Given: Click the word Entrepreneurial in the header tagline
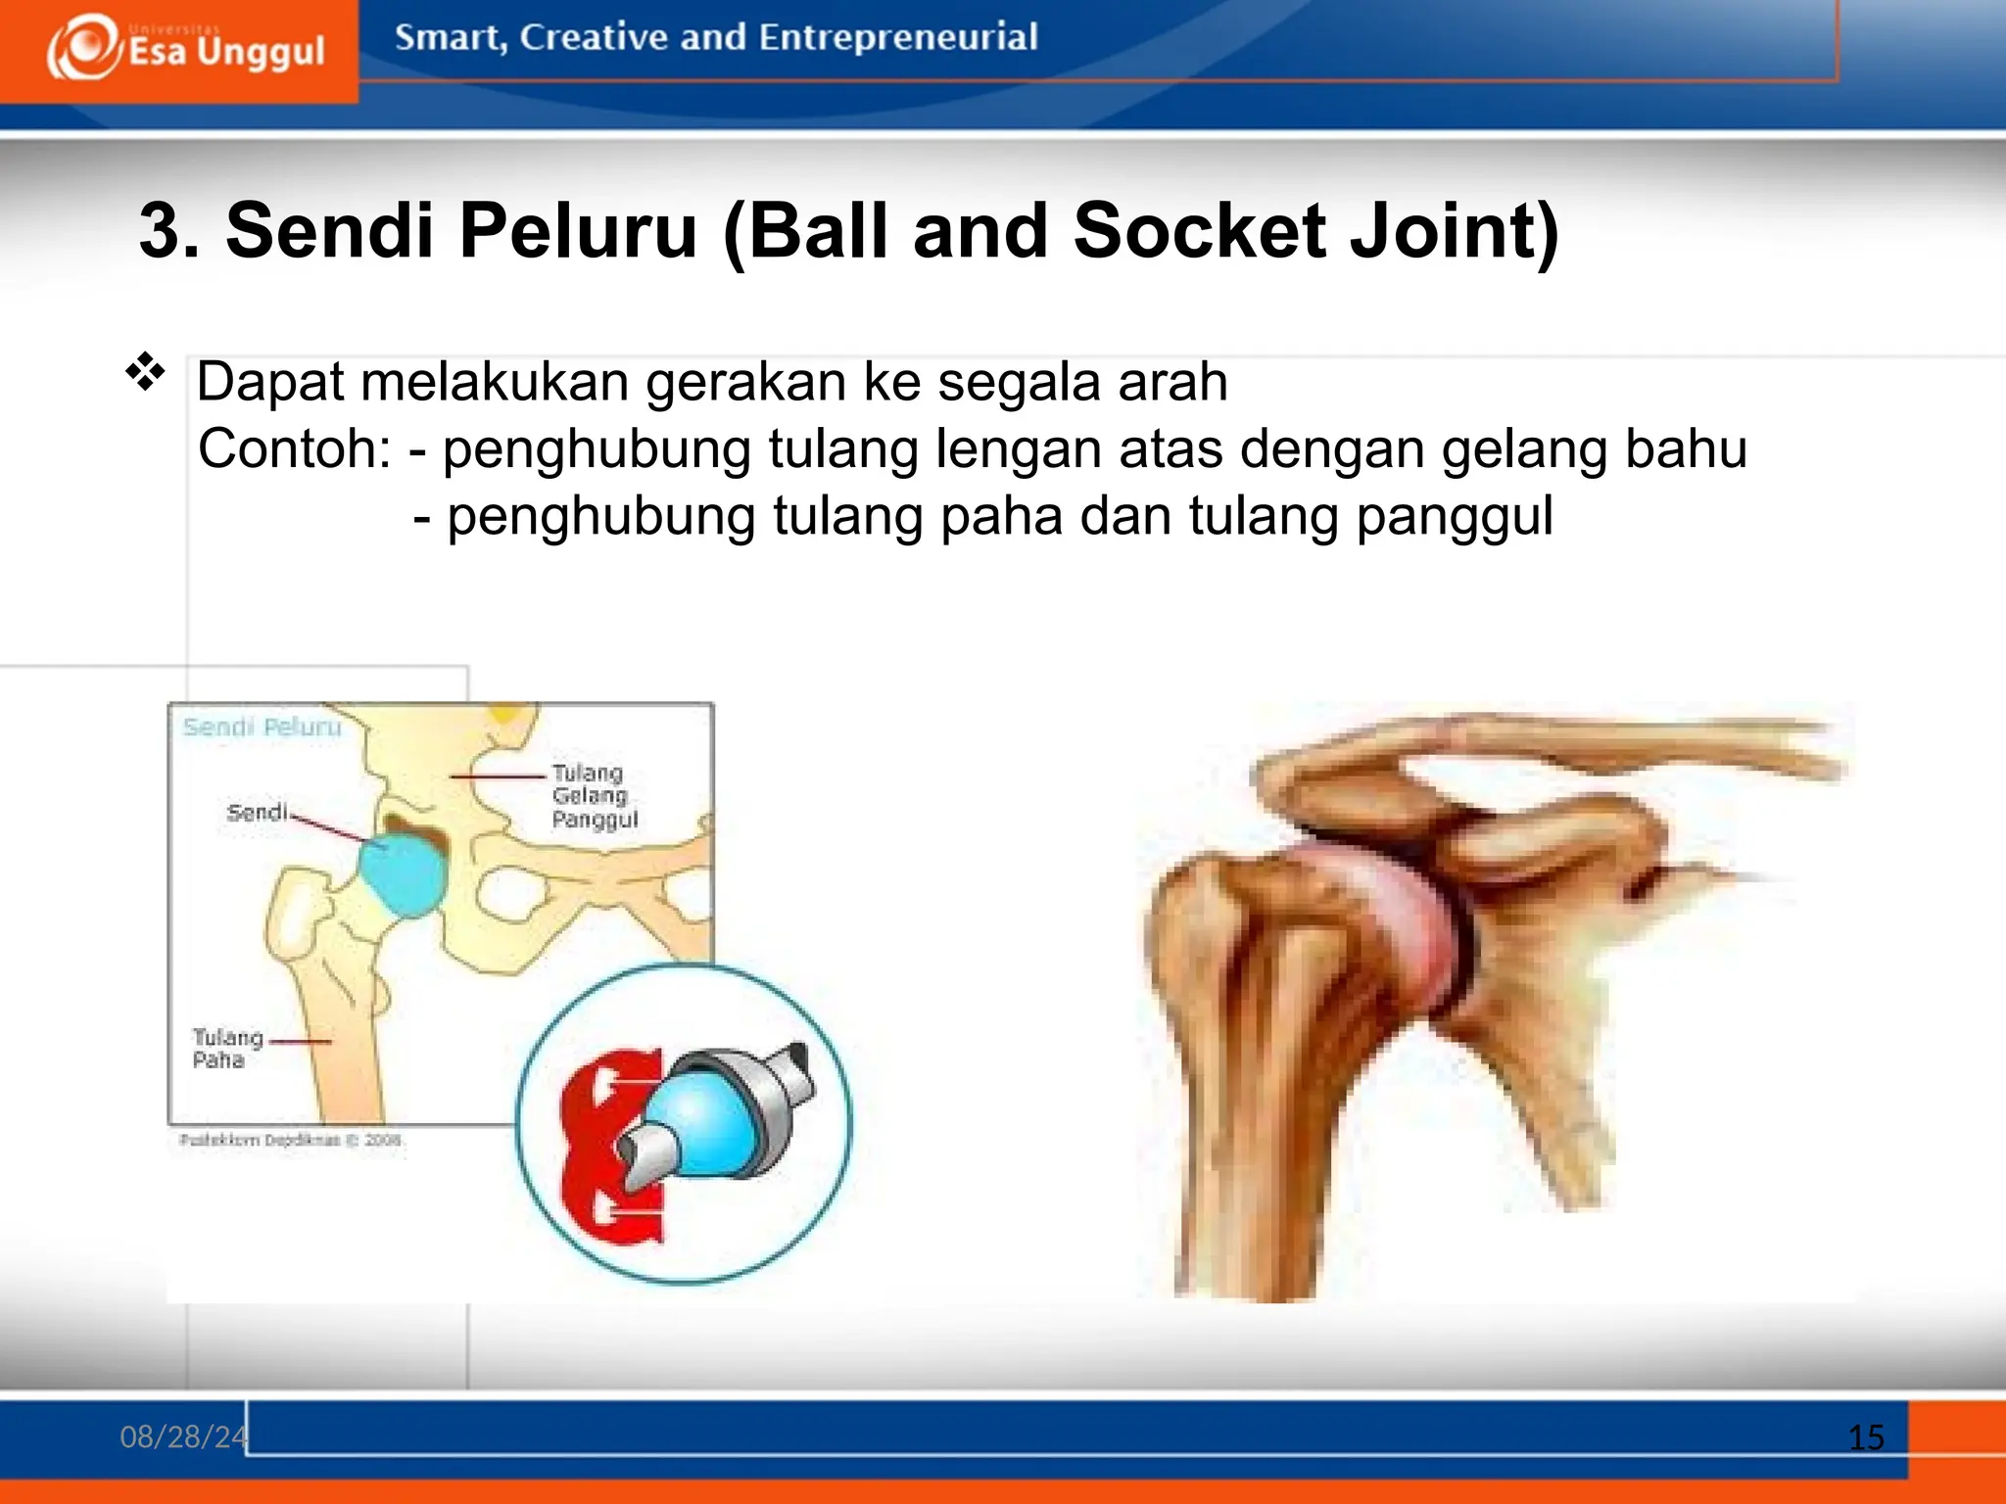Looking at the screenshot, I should coord(897,37).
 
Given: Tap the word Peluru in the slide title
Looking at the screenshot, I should coord(578,231).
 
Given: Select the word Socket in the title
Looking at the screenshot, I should coord(1199,231).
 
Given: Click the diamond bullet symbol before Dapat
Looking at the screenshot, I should coord(145,373).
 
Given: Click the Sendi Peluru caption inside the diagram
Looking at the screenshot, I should coord(262,727).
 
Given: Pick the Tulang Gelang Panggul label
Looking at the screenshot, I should coord(594,796).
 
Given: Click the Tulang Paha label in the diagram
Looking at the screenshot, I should coord(226,1049).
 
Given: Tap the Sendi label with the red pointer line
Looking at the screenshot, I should coord(257,813).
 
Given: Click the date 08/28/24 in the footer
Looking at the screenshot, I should coord(182,1436).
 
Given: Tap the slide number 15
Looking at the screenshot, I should coord(1865,1437).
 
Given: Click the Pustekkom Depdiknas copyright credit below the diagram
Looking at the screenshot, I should coord(290,1140).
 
